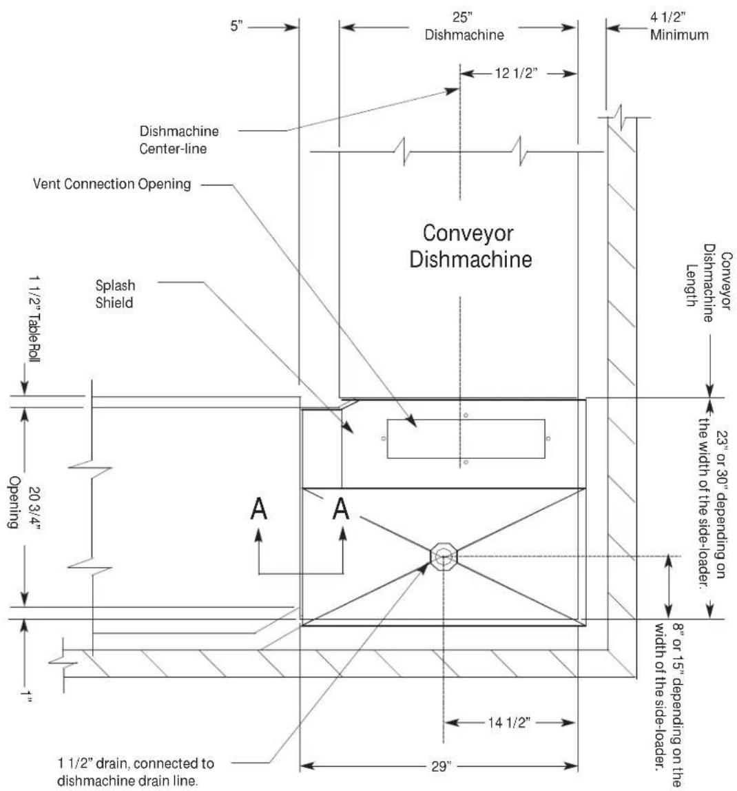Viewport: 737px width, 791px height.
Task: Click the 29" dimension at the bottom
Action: coord(440,767)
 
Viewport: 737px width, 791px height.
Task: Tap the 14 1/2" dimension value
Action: coord(508,723)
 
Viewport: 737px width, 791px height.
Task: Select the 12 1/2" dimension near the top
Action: coord(515,73)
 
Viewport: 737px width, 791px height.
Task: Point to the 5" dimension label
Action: coord(236,25)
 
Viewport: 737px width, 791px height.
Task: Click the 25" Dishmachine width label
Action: coord(464,25)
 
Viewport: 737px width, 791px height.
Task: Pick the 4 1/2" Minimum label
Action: coord(679,25)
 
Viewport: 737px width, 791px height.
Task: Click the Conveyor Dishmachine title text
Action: coord(470,246)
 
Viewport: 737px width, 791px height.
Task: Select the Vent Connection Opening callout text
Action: coord(112,183)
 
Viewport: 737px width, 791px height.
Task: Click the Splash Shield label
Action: coord(115,294)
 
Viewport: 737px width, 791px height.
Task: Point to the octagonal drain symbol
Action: coord(444,557)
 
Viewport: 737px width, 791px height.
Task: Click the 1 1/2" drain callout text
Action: coord(135,772)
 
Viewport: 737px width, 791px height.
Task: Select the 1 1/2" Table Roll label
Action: coord(34,319)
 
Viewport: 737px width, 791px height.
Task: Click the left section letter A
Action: coord(258,508)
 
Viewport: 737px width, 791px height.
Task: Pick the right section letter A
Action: coord(341,508)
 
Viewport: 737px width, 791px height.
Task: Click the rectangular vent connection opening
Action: coord(466,439)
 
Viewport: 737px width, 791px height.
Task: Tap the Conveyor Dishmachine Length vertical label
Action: coord(708,282)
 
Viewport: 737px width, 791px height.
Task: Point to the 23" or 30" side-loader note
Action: coord(712,502)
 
